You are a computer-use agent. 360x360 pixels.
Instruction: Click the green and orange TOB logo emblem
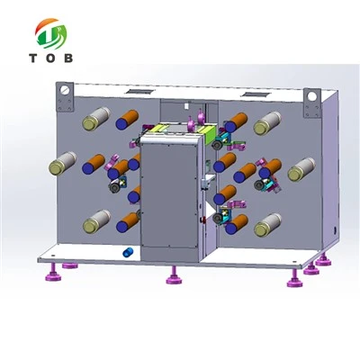click(51, 34)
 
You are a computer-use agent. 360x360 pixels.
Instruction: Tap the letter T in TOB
click(33, 58)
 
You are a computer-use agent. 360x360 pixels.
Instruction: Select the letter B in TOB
click(68, 58)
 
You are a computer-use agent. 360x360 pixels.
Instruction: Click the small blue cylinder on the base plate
click(129, 252)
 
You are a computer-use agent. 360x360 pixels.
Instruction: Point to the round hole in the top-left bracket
click(65, 90)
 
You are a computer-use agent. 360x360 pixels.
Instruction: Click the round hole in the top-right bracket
click(312, 96)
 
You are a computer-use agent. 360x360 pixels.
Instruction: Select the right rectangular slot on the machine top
click(256, 94)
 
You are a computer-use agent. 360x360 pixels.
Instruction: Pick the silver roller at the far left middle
click(63, 163)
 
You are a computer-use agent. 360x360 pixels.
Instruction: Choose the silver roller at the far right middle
click(301, 169)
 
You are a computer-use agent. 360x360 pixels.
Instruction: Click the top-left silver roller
click(96, 119)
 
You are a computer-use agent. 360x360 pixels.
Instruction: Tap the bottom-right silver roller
click(267, 225)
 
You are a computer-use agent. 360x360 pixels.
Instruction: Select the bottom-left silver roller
click(96, 221)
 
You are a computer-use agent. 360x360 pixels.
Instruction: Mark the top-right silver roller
click(267, 123)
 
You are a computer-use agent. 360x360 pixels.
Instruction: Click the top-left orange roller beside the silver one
click(127, 120)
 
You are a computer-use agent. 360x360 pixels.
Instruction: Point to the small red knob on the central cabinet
click(202, 220)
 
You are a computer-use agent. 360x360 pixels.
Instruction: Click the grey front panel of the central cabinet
click(169, 195)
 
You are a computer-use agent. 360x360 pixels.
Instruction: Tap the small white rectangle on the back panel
click(186, 106)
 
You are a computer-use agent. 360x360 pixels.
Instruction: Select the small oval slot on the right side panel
click(335, 229)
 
